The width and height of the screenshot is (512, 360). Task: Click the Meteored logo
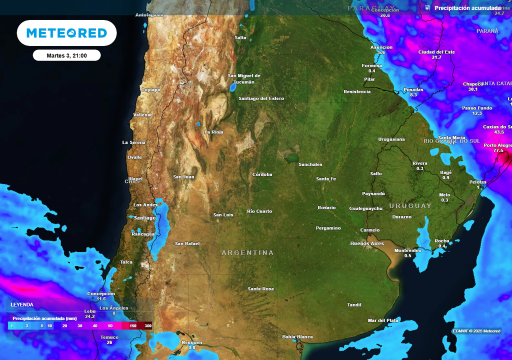point(66,33)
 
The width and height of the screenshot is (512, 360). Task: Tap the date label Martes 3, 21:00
point(66,55)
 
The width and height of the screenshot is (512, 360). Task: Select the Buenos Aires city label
point(367,243)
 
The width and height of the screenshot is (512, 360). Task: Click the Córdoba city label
point(262,174)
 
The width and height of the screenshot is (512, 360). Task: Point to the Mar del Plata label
point(383,320)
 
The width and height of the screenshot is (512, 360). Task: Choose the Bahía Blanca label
point(297,336)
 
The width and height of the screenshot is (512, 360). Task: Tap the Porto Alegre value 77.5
point(498,150)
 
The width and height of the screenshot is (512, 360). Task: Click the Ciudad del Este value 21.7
point(436,57)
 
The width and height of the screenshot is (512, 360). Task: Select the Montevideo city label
point(407,250)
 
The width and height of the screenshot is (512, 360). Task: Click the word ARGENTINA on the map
point(247,253)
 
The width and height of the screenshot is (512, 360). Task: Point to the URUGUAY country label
point(410,206)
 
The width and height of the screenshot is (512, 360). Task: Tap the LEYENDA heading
point(22,304)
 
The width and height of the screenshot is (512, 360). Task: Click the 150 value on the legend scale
point(133,326)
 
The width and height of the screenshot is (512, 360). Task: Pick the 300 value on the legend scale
point(147,326)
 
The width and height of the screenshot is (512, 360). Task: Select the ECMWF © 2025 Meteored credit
point(476,331)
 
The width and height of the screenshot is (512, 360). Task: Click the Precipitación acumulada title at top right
point(467,8)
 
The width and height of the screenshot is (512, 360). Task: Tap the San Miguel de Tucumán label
point(244,79)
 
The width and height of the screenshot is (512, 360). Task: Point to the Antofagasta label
point(149,15)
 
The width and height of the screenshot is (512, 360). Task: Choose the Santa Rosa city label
point(261,289)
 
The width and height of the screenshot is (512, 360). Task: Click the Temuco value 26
point(109,342)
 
